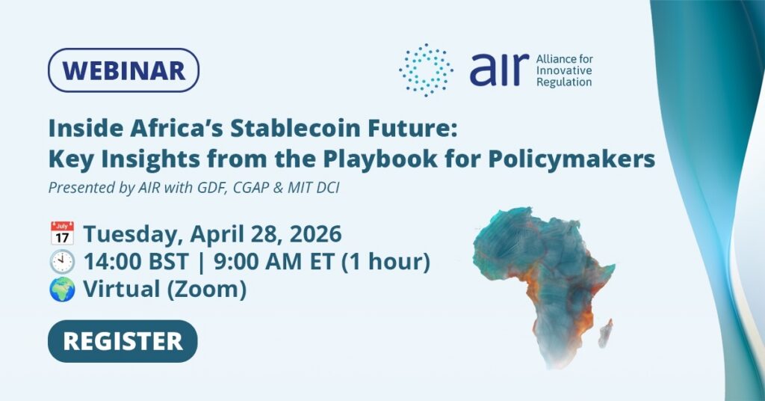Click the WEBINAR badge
click(x=123, y=70)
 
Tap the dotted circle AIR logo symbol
click(x=425, y=70)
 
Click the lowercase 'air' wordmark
click(x=499, y=70)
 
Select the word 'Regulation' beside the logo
click(x=564, y=82)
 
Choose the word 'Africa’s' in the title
click(x=176, y=128)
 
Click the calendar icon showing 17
click(x=62, y=233)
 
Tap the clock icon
click(x=62, y=261)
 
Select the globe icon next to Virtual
click(x=62, y=289)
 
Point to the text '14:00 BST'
click(x=136, y=262)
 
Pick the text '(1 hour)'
click(x=385, y=262)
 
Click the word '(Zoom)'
click(x=207, y=289)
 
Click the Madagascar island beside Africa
click(x=605, y=333)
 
